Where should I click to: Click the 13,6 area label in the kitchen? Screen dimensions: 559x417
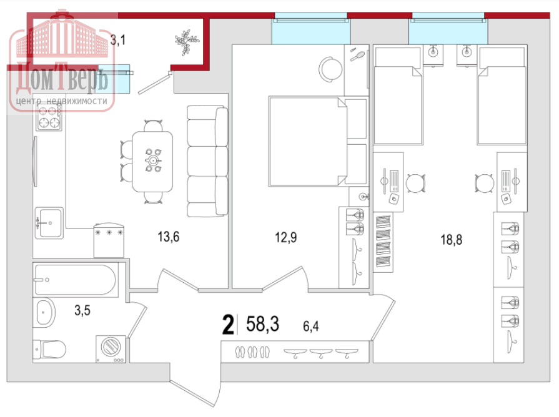click(x=168, y=237)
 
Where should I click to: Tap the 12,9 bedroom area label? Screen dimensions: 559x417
click(x=285, y=237)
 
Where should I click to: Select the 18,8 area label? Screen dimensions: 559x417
click(x=452, y=240)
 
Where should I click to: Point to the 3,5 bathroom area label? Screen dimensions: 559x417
click(x=82, y=310)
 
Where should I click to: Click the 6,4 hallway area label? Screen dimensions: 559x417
click(x=311, y=326)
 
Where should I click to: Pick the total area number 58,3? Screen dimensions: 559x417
click(x=263, y=324)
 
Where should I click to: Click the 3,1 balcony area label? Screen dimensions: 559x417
click(x=117, y=40)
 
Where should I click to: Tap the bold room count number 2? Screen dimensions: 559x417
click(x=228, y=325)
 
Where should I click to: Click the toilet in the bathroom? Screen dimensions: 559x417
click(x=49, y=350)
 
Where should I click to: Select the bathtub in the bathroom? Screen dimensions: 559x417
click(x=75, y=280)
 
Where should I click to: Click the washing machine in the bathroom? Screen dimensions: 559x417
click(x=111, y=349)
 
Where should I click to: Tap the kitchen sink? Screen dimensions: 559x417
click(x=49, y=223)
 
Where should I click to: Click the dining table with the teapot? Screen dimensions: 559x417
click(x=152, y=162)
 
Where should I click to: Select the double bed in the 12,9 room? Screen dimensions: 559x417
click(x=308, y=142)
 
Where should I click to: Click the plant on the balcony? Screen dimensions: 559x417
click(x=186, y=42)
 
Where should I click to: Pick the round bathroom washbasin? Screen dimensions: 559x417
click(x=44, y=313)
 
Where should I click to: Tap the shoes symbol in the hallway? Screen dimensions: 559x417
click(x=252, y=352)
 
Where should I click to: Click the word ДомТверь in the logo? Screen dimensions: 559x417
click(x=61, y=79)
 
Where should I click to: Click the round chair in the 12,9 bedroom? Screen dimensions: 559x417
click(x=330, y=69)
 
